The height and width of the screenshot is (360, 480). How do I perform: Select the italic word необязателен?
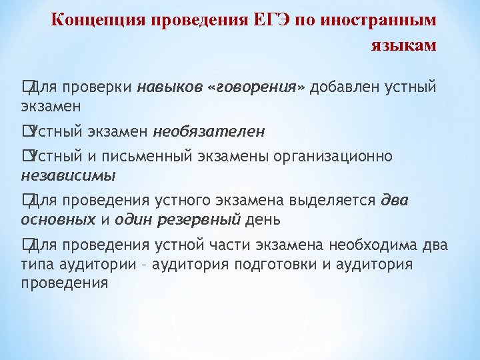[x=209, y=131]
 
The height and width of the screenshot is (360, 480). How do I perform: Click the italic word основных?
[x=58, y=219]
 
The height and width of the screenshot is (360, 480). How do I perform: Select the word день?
[x=263, y=219]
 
